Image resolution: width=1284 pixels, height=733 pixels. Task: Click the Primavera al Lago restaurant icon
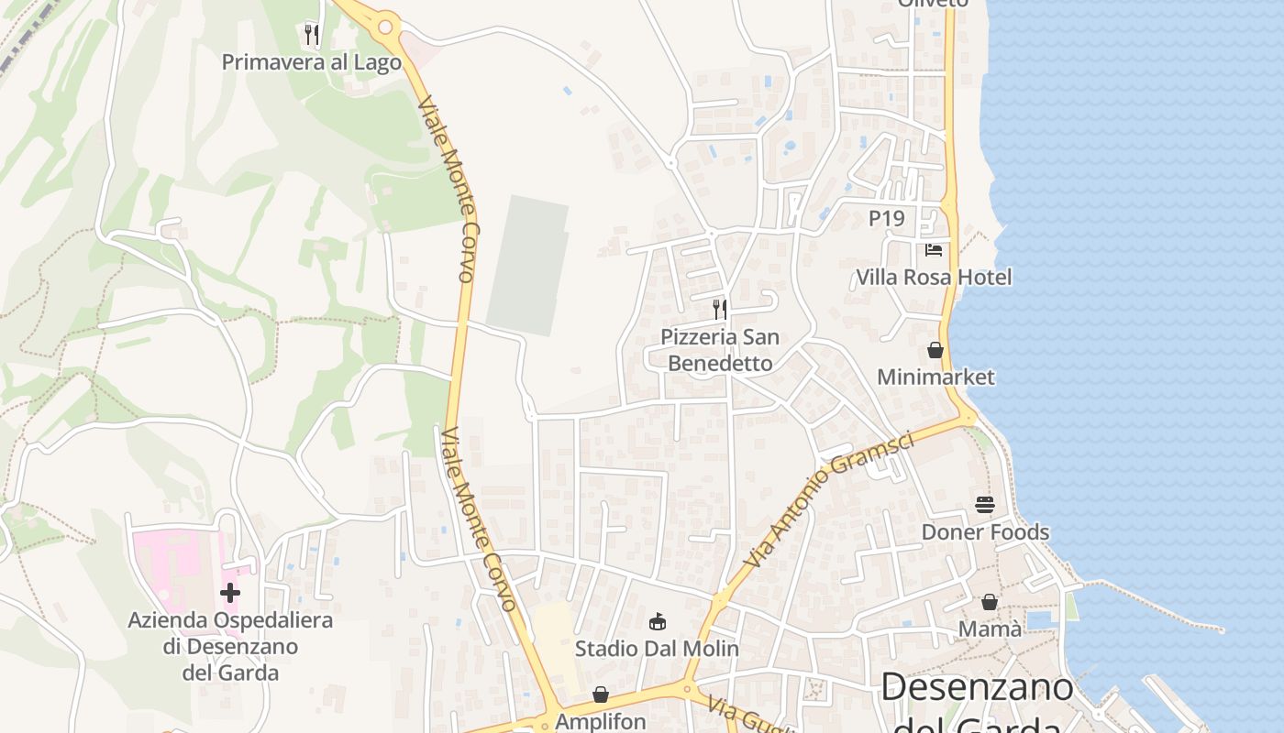click(312, 35)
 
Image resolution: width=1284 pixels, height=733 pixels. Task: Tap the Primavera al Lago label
click(312, 62)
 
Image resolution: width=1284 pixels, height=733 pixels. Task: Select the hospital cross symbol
click(230, 593)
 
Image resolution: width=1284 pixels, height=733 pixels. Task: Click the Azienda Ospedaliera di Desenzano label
click(230, 646)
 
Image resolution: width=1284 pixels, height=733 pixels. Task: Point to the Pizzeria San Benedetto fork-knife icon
click(720, 310)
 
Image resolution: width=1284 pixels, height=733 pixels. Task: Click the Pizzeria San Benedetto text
click(720, 350)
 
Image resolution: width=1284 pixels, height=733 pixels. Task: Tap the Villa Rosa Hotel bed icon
click(934, 249)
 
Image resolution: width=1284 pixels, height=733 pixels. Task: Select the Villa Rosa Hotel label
click(934, 277)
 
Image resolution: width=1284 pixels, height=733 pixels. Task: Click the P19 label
click(886, 218)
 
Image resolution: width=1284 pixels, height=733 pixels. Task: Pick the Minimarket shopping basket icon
click(935, 350)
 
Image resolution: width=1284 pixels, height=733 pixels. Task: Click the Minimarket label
click(935, 377)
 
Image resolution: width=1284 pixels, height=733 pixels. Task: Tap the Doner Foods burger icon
click(985, 505)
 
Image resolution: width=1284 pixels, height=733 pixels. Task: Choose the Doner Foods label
click(985, 531)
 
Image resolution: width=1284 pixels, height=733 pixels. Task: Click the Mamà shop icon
click(990, 602)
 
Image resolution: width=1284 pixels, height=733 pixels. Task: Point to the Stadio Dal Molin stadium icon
click(657, 622)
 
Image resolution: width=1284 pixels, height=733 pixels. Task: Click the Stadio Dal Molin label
click(657, 649)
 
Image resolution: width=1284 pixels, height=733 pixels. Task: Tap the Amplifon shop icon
click(601, 695)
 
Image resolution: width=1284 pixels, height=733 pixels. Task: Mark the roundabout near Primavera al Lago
click(386, 27)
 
